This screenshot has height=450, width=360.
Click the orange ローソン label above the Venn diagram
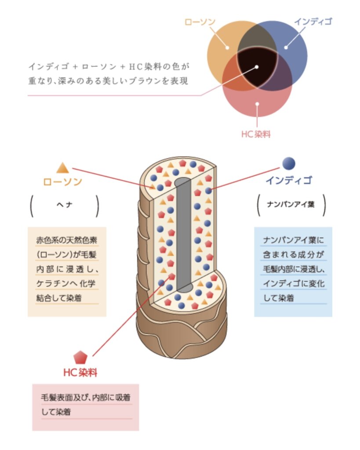[200, 22]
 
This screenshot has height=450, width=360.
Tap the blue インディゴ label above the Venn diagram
[313, 22]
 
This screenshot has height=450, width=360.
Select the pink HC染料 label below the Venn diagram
[256, 134]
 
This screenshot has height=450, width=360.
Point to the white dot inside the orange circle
[227, 47]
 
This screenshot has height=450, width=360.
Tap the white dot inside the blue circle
[286, 47]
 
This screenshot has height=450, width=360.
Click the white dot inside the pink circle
[258, 104]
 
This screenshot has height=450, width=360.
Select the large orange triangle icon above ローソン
[62, 168]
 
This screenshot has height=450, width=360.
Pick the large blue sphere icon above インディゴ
[289, 163]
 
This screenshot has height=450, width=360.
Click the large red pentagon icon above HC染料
[80, 358]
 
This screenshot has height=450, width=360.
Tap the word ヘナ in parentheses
[64, 205]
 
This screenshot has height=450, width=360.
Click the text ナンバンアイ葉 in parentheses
[291, 204]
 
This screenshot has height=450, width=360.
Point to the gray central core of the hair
[183, 234]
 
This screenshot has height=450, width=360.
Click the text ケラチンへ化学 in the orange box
[66, 283]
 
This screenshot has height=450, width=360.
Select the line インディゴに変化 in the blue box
[294, 283]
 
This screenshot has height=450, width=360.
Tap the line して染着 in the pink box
[56, 412]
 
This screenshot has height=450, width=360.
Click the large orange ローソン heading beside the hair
[62, 181]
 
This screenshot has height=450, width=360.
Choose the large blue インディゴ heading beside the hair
[289, 180]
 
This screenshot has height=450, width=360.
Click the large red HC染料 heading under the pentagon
[80, 373]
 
